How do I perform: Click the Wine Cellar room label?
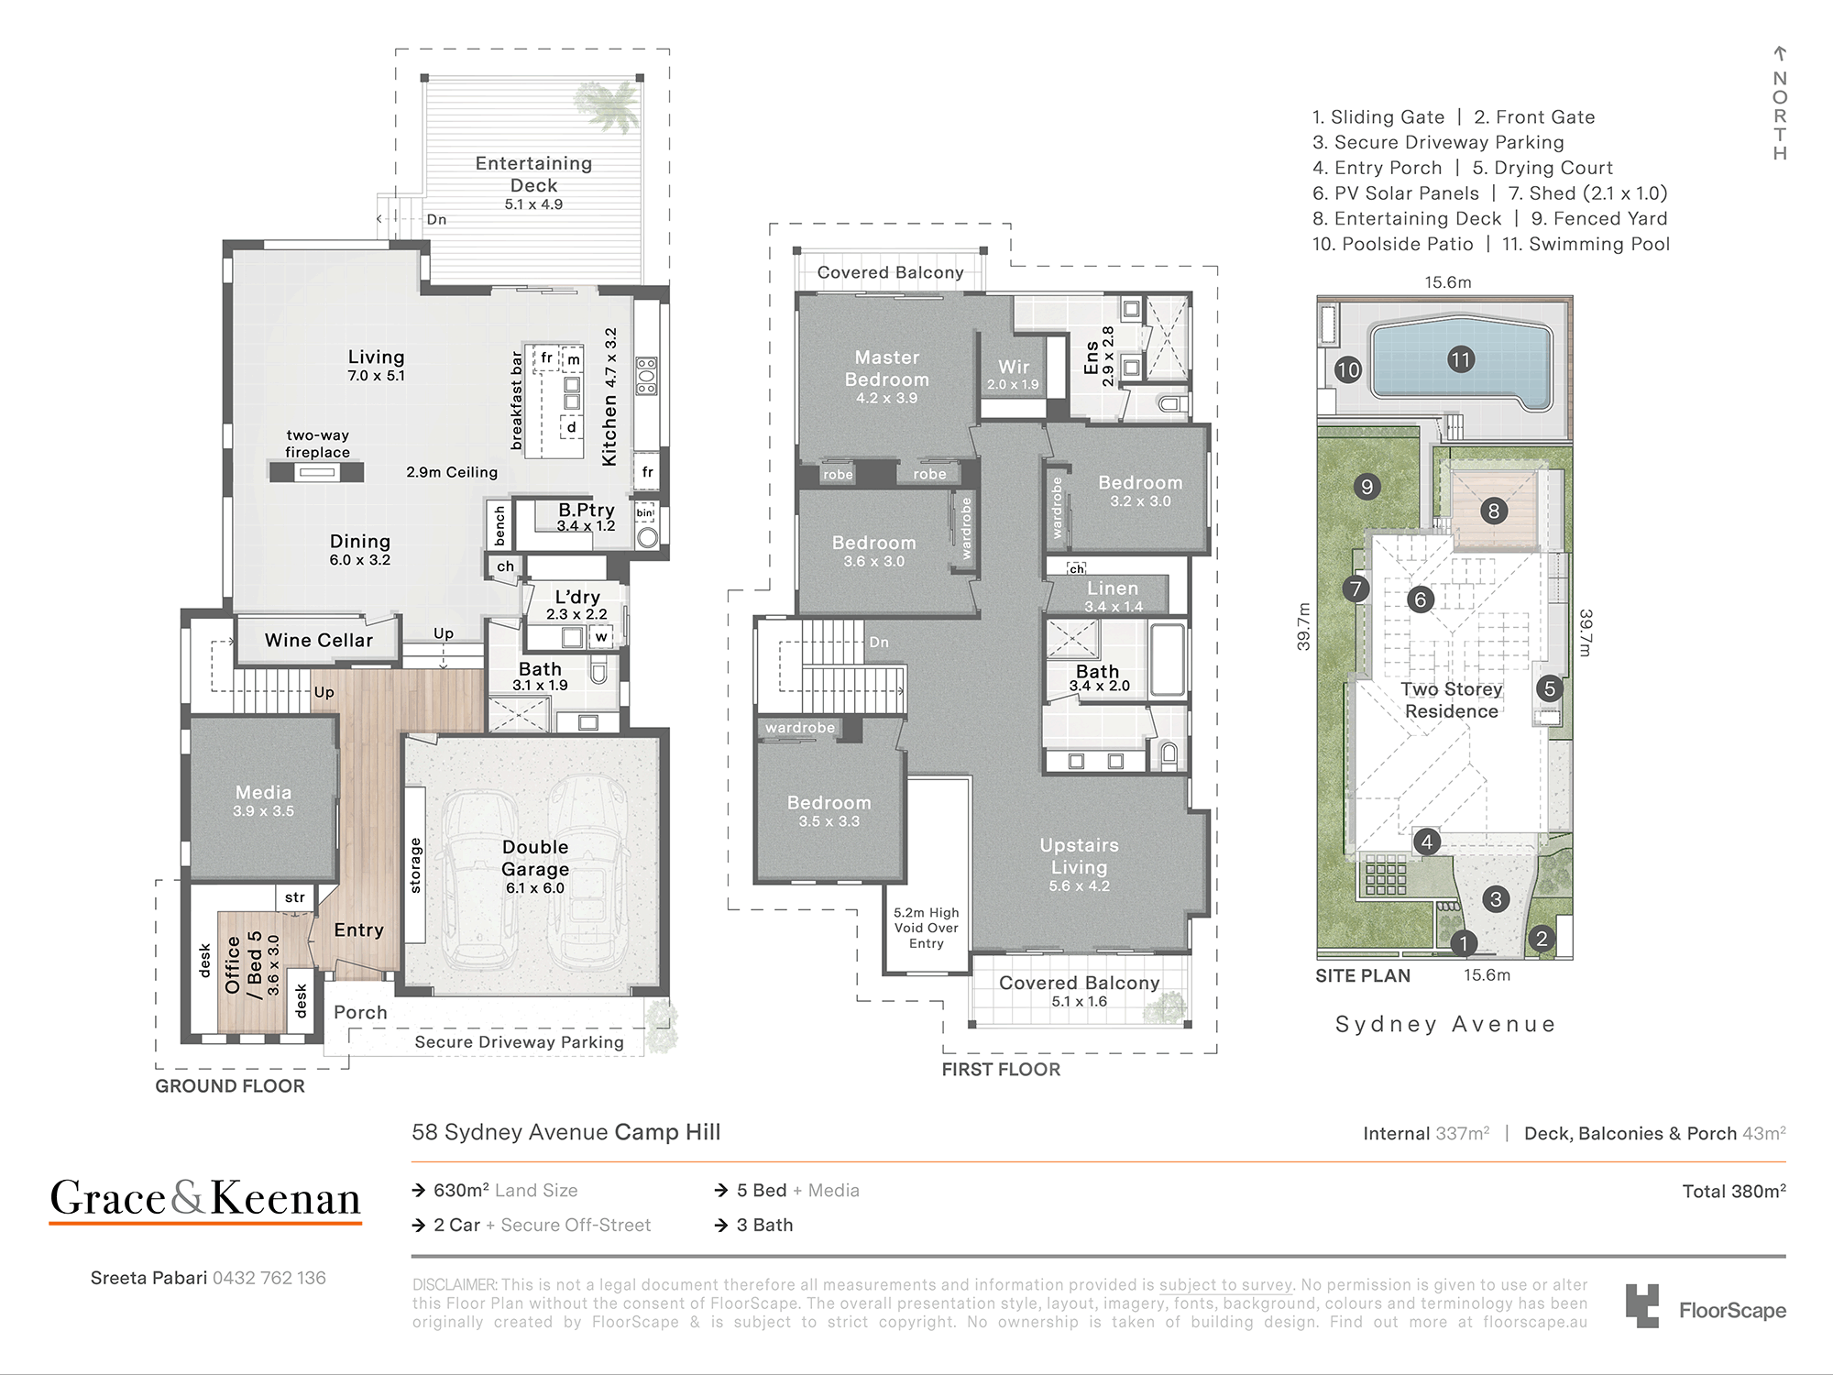coord(319,641)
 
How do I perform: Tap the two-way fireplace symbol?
coord(316,472)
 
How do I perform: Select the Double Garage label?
coord(535,858)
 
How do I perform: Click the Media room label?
coord(263,792)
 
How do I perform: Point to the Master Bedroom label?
coord(887,368)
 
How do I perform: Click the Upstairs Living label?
coord(1079,856)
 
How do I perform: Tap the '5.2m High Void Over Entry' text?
coord(927,928)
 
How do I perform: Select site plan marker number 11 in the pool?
coord(1461,359)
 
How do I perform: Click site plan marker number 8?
coord(1493,511)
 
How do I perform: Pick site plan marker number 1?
coord(1464,942)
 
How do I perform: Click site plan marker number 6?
coord(1420,599)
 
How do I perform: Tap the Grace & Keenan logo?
coord(205,1199)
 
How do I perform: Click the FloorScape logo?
coord(1706,1306)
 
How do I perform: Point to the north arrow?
coord(1780,53)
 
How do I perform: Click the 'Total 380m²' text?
coord(1734,1191)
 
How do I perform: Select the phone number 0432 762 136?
coord(269,1278)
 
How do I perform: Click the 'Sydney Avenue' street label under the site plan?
coord(1445,1024)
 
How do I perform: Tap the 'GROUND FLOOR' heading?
coord(230,1086)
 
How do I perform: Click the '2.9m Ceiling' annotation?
coord(452,472)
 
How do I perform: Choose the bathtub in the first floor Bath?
coord(1168,660)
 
